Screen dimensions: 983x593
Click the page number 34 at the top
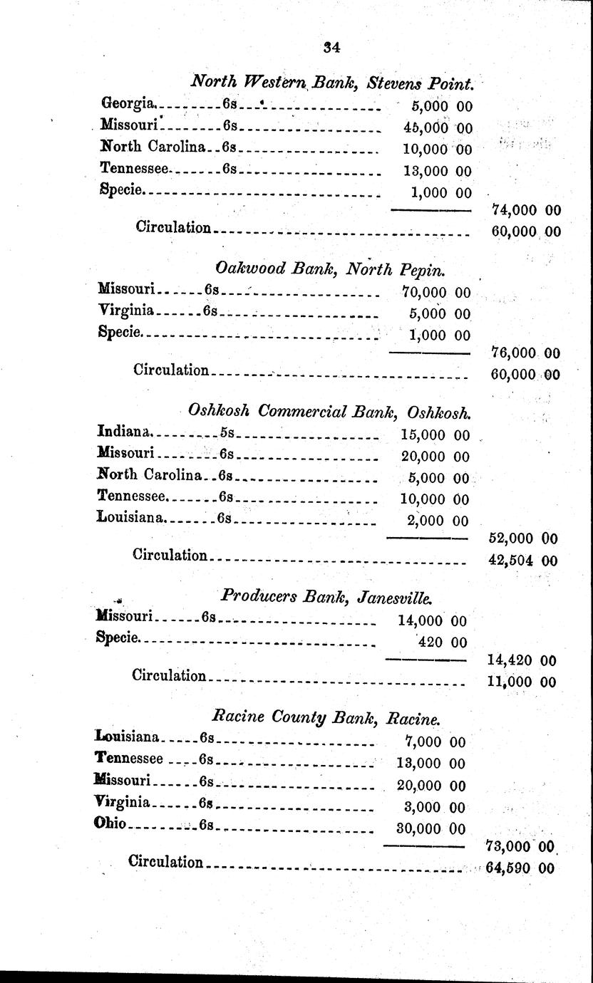coord(331,48)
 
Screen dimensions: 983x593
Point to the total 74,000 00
coord(526,210)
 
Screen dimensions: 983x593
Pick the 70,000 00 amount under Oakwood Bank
coord(435,292)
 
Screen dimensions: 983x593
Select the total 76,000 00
coord(525,353)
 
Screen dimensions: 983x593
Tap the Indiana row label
coord(123,432)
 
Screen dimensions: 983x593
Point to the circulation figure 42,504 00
coord(522,561)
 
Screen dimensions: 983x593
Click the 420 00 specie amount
coord(442,643)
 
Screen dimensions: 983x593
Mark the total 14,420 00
coord(521,660)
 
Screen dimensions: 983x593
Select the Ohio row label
coord(110,825)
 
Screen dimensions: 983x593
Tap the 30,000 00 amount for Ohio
coord(430,828)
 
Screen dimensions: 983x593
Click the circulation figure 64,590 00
coord(520,868)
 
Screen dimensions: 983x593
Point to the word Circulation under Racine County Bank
coord(165,863)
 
